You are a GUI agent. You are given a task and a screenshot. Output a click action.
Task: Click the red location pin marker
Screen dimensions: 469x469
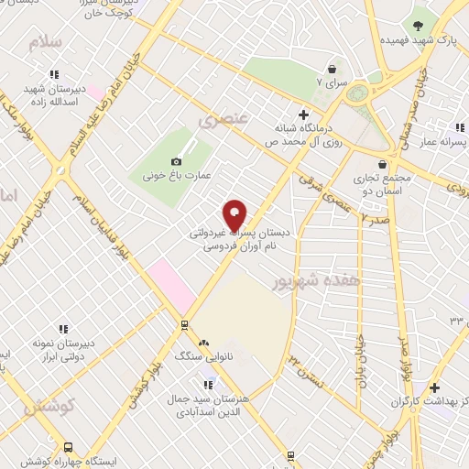(x=235, y=215)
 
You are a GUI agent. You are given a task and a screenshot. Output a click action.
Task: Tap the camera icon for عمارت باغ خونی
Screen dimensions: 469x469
(x=176, y=162)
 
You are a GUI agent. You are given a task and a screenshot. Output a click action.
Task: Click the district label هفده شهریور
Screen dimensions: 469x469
(x=305, y=281)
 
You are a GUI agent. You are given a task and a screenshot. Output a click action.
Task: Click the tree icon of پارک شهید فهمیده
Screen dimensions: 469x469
(x=419, y=25)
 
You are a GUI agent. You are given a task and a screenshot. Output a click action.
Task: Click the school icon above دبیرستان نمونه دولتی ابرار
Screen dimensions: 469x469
(x=63, y=328)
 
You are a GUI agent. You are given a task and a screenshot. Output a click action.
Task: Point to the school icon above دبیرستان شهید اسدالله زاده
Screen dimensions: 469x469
(x=54, y=74)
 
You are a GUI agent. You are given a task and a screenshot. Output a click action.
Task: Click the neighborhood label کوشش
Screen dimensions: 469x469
(x=44, y=403)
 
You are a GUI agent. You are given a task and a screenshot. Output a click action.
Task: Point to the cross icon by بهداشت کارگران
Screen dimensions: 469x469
(x=435, y=387)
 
